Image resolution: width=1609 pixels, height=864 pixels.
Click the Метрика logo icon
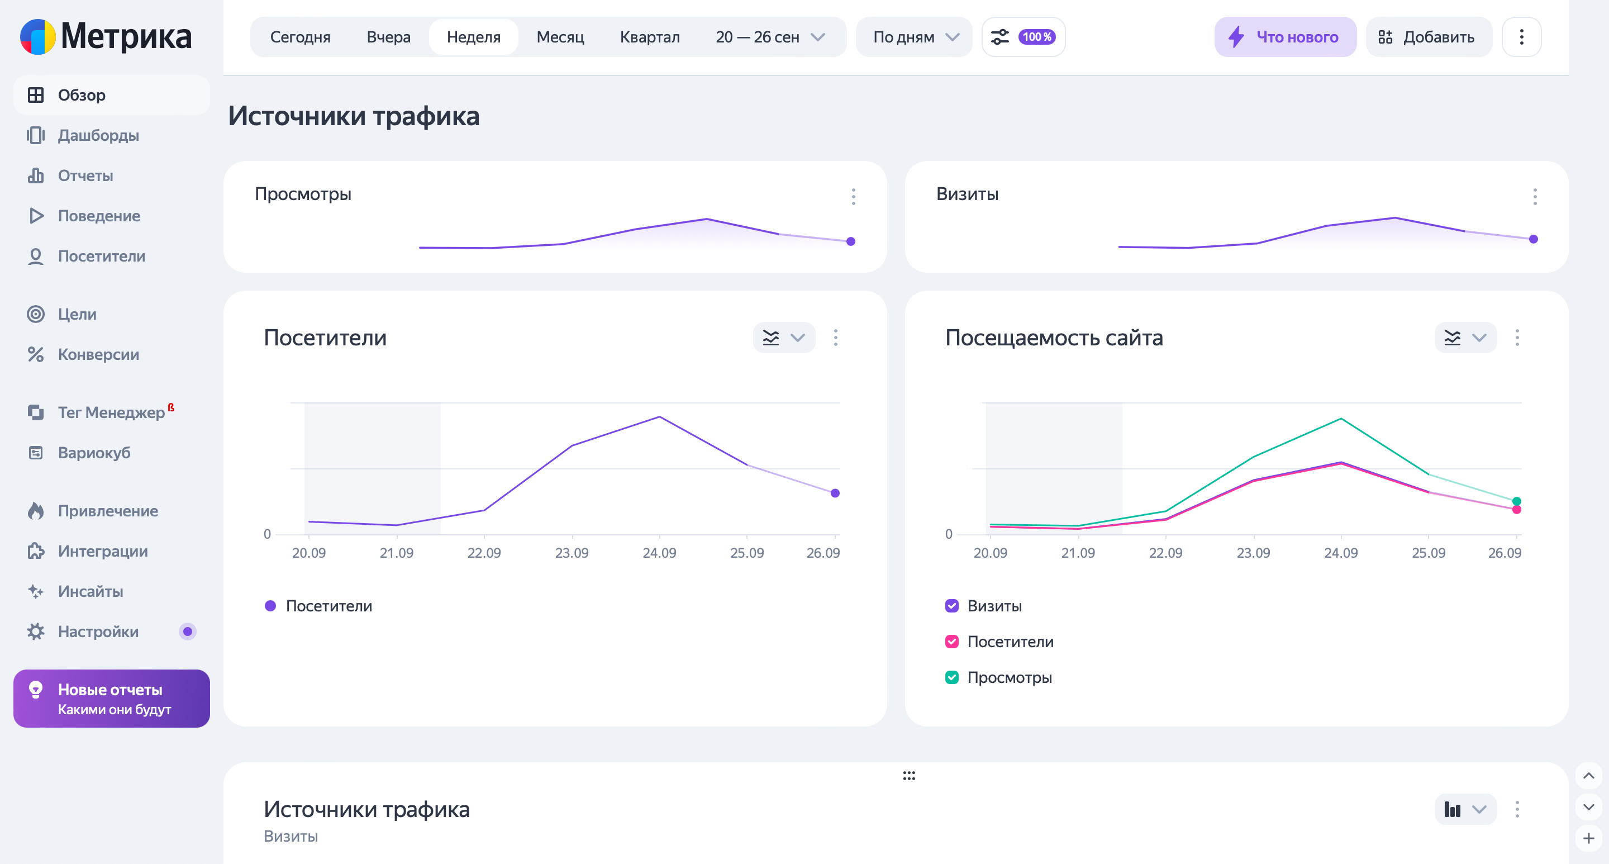[38, 37]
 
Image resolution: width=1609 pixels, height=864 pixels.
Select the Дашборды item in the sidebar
[98, 136]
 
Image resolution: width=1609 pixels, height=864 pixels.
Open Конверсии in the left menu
[98, 354]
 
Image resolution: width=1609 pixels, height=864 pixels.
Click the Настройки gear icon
[36, 632]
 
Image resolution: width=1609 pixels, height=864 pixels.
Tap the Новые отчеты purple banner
[111, 699]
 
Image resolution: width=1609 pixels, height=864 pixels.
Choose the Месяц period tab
[560, 37]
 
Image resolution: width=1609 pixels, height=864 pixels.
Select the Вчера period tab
[388, 37]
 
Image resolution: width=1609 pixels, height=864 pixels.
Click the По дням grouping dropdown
[914, 37]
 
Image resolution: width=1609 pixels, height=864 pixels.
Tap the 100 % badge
[1036, 37]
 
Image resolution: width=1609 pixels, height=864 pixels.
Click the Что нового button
[1285, 37]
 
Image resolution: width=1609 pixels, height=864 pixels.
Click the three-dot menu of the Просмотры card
[853, 197]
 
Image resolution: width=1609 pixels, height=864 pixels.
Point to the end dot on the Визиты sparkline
[1533, 239]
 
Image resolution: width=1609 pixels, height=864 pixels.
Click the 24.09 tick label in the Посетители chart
[659, 553]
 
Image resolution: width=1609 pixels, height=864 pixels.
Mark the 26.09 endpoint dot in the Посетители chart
[835, 493]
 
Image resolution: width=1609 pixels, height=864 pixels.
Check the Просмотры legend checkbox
[951, 677]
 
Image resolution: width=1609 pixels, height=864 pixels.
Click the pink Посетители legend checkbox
[951, 642]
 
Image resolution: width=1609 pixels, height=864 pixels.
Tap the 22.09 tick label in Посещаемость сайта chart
[1165, 553]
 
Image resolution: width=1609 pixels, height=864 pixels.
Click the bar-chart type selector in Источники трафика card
[1465, 810]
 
